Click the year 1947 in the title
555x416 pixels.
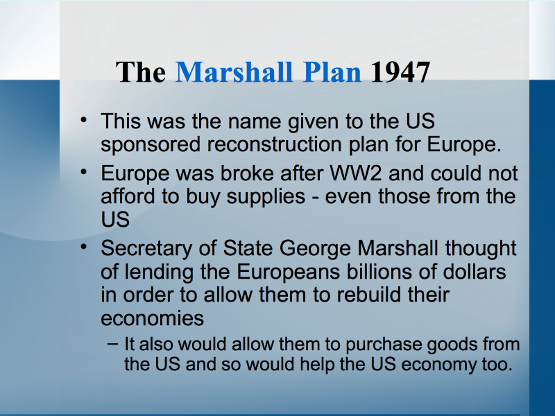point(400,72)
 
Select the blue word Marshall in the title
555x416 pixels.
point(234,72)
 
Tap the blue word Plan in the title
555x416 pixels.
point(332,72)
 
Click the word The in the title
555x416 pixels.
point(141,72)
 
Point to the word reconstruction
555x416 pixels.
point(274,144)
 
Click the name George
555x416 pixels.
point(315,249)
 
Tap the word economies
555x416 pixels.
point(152,318)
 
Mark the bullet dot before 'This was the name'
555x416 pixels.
point(83,120)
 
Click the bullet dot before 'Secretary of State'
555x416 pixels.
point(83,247)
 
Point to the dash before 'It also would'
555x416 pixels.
point(112,343)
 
